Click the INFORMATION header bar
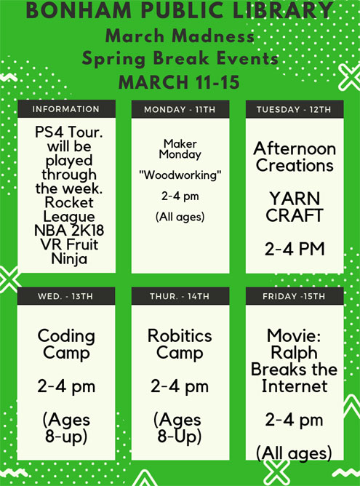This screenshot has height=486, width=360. pos(66,109)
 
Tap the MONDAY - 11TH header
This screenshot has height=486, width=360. pos(180,109)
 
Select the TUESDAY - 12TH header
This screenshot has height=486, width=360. pos(295,109)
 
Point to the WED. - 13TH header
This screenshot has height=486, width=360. pos(66,296)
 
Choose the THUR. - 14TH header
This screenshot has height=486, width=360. pos(180,296)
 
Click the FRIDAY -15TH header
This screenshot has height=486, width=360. pos(295,296)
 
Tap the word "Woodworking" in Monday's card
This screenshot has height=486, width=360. pos(180,175)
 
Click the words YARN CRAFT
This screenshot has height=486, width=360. pos(295,207)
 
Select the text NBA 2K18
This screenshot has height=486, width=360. pos(69,231)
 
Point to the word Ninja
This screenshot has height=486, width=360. pos(69,259)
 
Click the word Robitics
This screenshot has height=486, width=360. pos(180,335)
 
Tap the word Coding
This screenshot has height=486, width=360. pos(66,336)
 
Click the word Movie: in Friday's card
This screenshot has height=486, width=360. pos(294,335)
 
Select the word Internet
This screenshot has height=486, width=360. pos(295,386)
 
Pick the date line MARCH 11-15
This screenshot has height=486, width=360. pos(179,82)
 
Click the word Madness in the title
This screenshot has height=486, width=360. pos(213,36)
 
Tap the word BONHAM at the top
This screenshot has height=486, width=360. pos(79,10)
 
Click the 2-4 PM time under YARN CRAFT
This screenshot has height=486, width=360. pos(295,249)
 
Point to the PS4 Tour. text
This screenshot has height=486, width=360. pos(69,132)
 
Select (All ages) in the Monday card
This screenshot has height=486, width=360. pos(180,217)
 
